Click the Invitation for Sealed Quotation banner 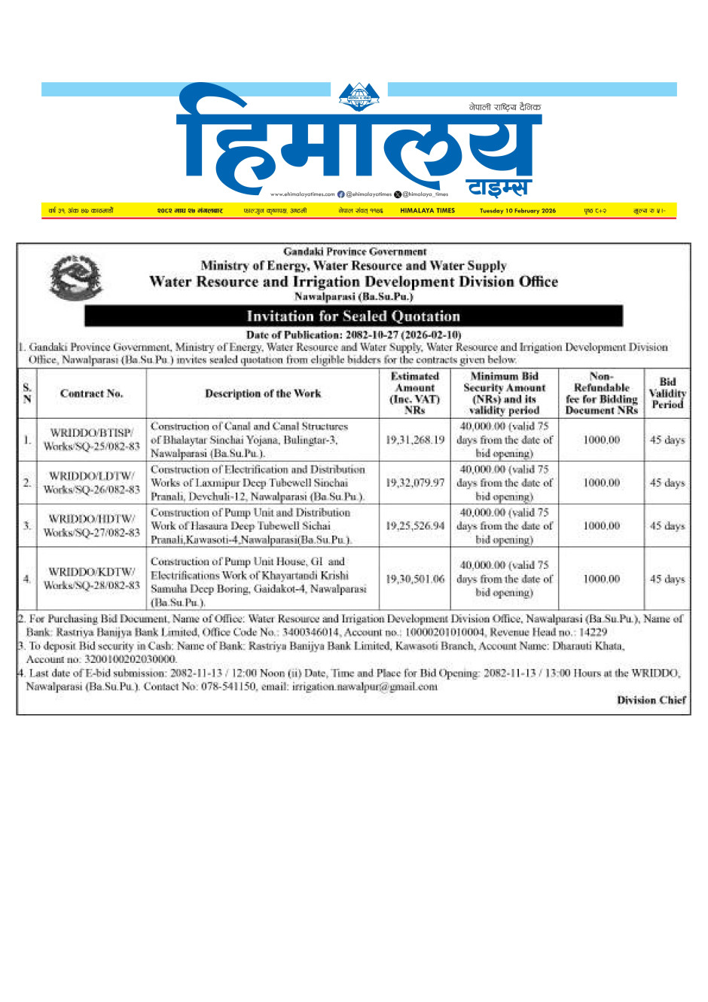(x=353, y=316)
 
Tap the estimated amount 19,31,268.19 (x=415, y=439)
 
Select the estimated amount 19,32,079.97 (x=415, y=482)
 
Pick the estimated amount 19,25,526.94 (x=415, y=526)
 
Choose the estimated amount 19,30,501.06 (x=415, y=579)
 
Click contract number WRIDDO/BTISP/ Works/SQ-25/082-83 (x=91, y=439)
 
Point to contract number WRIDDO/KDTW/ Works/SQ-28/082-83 (x=91, y=579)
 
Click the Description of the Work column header (x=263, y=393)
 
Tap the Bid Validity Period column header (x=667, y=393)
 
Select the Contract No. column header (x=91, y=393)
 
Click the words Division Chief (x=651, y=700)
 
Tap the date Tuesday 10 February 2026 (x=517, y=211)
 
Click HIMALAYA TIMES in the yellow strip (x=427, y=211)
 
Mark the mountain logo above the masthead (x=359, y=96)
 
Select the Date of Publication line (x=353, y=335)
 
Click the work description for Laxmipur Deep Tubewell (x=258, y=482)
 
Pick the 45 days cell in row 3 (x=667, y=526)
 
